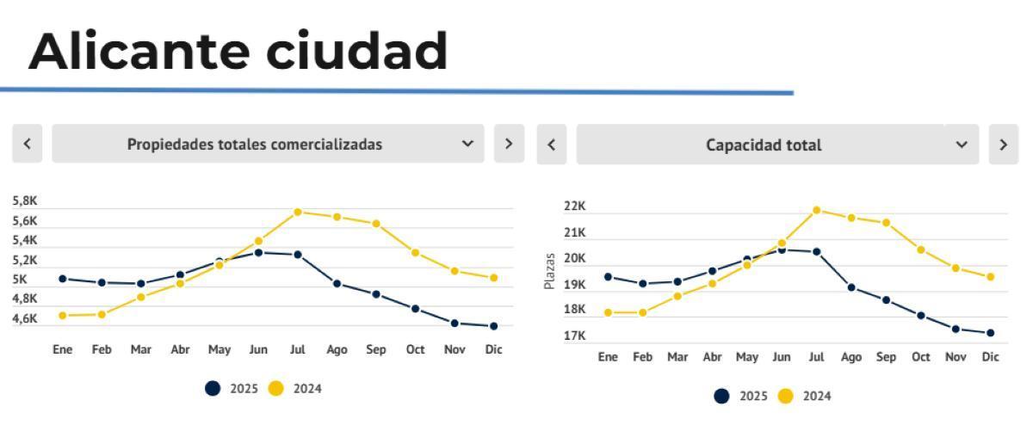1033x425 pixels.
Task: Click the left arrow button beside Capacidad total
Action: (552, 145)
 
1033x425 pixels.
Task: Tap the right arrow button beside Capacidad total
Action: (1003, 145)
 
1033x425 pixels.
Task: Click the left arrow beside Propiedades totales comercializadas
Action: (28, 144)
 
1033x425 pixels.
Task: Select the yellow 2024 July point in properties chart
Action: (297, 212)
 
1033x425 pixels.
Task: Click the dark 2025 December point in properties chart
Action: (493, 326)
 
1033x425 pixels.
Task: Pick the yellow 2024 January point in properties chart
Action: (62, 316)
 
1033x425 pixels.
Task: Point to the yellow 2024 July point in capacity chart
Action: (816, 210)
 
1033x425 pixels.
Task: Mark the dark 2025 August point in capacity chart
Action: (851, 287)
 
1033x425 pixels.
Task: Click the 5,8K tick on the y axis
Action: (25, 200)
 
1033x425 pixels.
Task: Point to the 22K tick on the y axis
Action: (575, 206)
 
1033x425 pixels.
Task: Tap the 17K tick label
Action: (575, 336)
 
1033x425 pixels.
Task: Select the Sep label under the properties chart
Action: (376, 349)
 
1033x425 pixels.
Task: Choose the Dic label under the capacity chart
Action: (990, 357)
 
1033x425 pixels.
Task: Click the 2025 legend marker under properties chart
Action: (213, 389)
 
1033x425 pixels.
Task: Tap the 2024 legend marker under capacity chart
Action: (785, 396)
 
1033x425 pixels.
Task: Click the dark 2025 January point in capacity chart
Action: (608, 277)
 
